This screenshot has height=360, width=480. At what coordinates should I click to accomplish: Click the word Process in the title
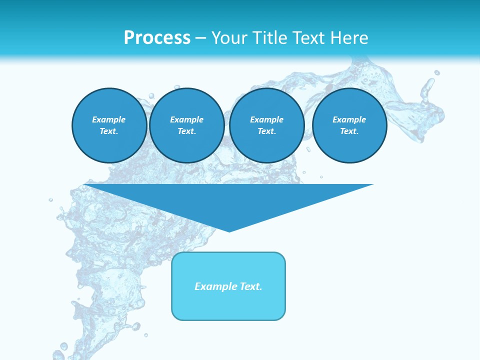pyautogui.click(x=157, y=38)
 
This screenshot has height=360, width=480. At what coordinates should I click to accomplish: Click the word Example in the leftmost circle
pyautogui.click(x=109, y=119)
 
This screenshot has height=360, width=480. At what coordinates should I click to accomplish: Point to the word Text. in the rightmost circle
pyautogui.click(x=349, y=131)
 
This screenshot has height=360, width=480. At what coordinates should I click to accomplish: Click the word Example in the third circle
pyautogui.click(x=266, y=119)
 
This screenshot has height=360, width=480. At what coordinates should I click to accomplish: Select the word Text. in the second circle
pyautogui.click(x=186, y=131)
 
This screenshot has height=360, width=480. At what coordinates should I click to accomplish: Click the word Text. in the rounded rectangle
pyautogui.click(x=250, y=286)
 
